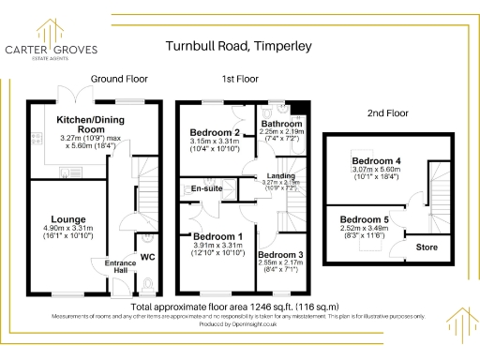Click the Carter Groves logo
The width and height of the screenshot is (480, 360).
click(x=52, y=48)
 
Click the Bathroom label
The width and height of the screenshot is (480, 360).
click(x=281, y=124)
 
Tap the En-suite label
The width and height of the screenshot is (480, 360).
click(x=206, y=189)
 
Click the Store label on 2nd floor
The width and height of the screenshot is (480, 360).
click(x=427, y=247)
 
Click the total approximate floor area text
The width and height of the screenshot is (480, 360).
click(x=235, y=307)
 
